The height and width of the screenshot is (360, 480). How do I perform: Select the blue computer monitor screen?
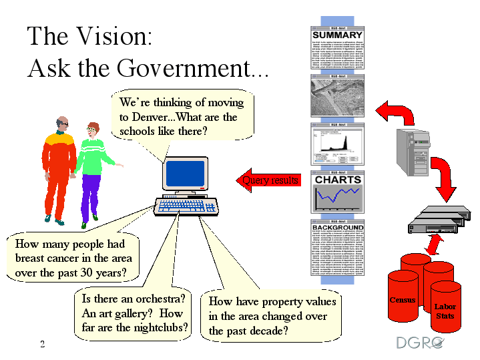[184, 173]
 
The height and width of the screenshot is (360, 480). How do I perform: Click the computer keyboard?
[186, 206]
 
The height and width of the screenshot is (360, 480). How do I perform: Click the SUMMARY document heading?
[337, 35]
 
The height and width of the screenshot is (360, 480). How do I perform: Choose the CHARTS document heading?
[338, 180]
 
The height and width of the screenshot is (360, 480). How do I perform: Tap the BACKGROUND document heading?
[338, 228]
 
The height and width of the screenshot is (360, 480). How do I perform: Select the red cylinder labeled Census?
[403, 294]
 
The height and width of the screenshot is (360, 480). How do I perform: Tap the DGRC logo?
[420, 343]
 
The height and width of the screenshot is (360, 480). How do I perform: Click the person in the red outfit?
[59, 167]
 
